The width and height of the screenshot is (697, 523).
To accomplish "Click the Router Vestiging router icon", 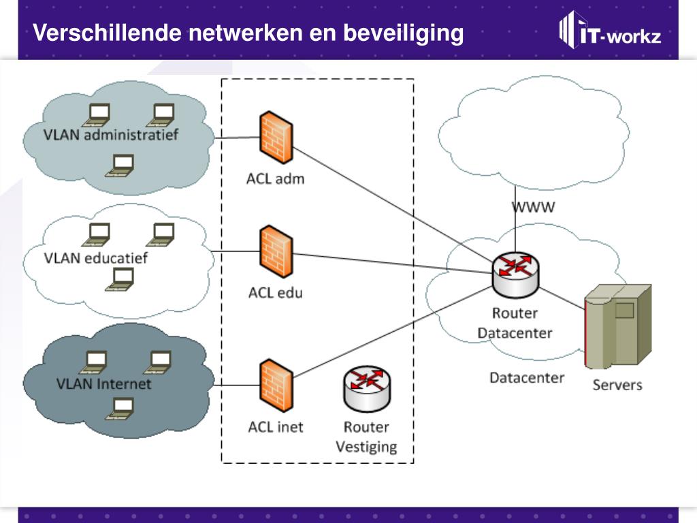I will point(366,389).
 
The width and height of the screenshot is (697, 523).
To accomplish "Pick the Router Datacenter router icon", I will point(515,273).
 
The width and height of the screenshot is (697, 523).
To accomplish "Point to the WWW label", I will point(533,208).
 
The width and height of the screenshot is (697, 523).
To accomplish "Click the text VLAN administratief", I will point(110,134).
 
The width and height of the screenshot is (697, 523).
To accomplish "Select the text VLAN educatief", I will point(95,258).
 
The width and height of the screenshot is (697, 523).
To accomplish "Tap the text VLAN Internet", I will point(103,383).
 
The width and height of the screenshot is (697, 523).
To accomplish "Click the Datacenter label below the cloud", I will point(527,377).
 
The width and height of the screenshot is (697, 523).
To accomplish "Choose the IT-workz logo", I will point(609,32).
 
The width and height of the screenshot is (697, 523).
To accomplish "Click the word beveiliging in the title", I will point(403,33).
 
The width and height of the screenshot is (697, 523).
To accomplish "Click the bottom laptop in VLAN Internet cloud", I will point(120,408).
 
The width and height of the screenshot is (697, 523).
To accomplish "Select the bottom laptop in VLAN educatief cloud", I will point(120,278).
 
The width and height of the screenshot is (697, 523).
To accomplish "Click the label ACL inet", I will point(275,428).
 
